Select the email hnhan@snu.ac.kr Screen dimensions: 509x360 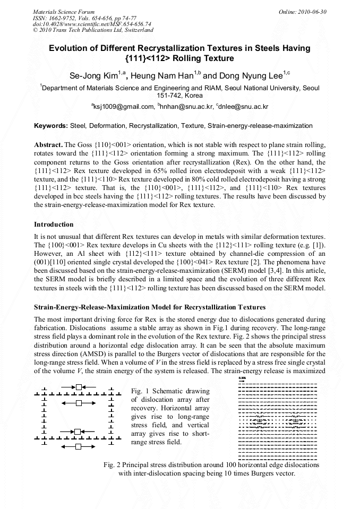coord(185,107)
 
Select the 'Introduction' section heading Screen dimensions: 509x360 coord(54,225)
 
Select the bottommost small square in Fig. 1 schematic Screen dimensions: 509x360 coord(78,447)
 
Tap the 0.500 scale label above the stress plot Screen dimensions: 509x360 coord(242,378)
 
